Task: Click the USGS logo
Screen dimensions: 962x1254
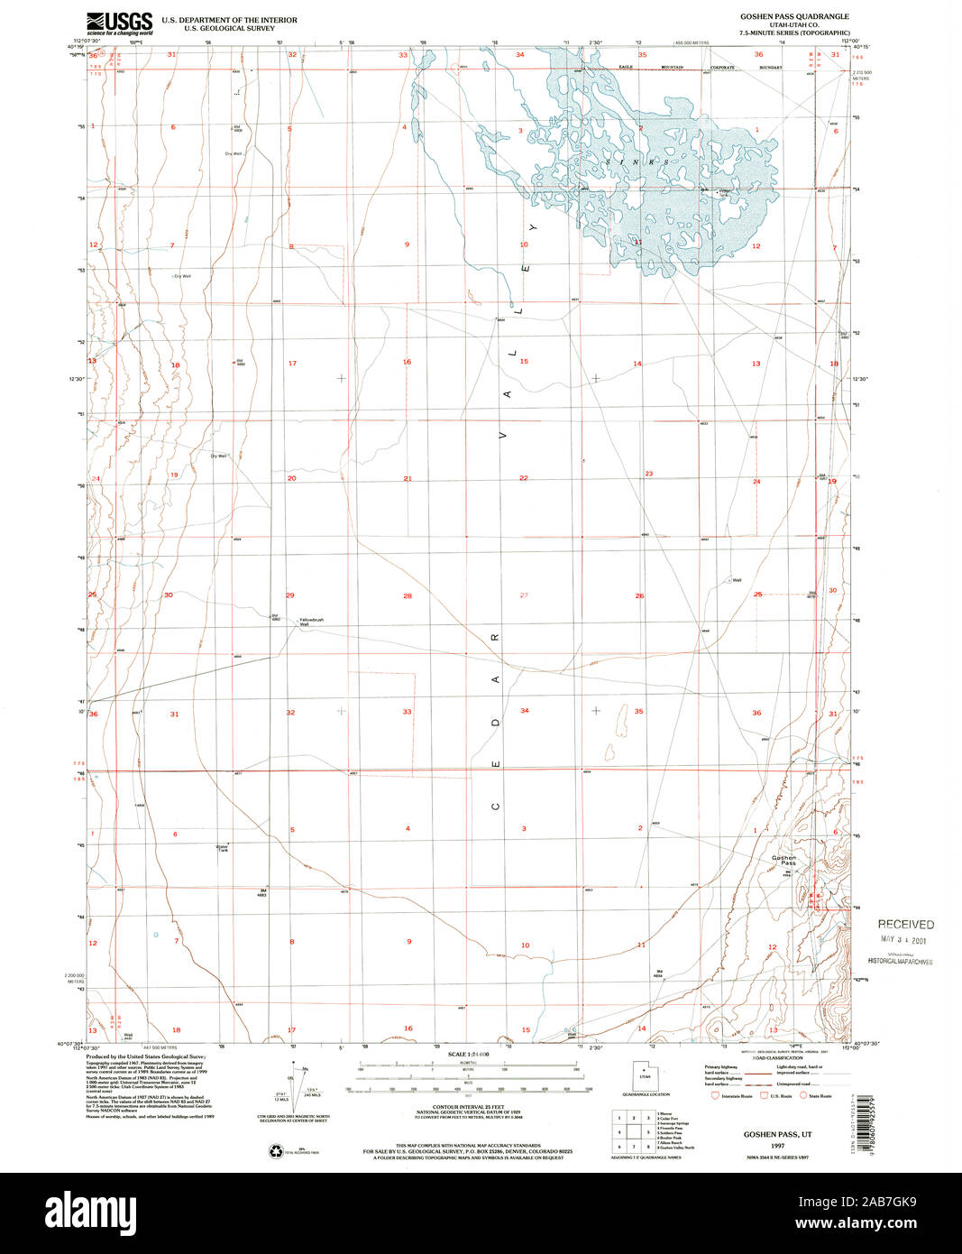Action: pos(119,23)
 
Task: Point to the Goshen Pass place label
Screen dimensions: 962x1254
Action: pos(783,860)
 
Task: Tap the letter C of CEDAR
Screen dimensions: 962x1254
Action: pos(496,806)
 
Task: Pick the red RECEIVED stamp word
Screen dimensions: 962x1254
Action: pos(905,924)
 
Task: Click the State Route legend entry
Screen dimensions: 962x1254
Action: pos(819,1095)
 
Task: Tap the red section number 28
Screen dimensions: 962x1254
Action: pos(408,596)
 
